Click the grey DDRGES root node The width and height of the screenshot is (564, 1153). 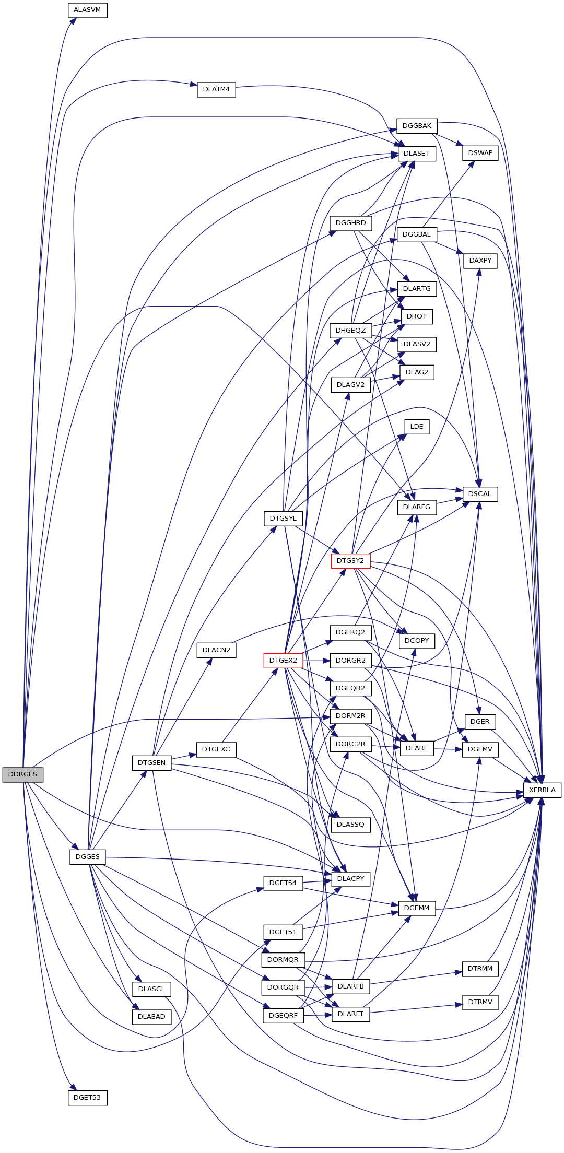point(22,774)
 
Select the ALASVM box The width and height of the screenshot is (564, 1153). point(87,10)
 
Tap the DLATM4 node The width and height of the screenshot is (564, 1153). point(216,89)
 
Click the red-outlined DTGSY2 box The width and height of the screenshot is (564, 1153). point(350,561)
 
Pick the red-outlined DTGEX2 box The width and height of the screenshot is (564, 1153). point(283,660)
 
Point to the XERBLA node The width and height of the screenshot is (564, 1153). point(542,790)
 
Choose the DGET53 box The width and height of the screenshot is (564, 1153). point(87,1097)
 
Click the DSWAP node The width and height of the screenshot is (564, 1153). point(480,153)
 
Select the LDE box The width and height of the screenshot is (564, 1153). point(417,427)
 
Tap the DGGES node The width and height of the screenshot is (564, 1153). point(87,857)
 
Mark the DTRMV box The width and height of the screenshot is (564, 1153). point(480,1002)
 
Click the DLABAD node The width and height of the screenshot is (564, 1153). point(151,1017)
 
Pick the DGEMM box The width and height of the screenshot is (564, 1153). point(417,908)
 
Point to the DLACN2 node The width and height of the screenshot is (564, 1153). point(216,650)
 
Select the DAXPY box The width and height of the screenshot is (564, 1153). point(480,261)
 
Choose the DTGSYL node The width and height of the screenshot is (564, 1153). point(283,519)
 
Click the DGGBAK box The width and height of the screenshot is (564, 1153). point(417,126)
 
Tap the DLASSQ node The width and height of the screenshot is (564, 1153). point(350,825)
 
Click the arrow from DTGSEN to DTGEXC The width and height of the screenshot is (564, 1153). point(184,756)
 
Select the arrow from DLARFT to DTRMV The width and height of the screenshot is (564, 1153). point(416,1008)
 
